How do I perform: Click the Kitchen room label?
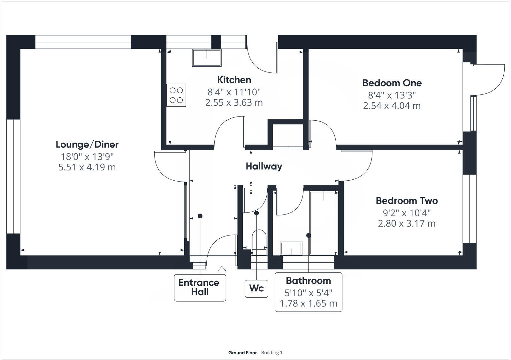[x=234, y=79]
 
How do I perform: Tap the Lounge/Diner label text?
[x=87, y=145]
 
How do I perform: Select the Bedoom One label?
[x=392, y=83]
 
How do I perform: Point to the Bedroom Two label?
[x=407, y=201]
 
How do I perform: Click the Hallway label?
[x=264, y=166]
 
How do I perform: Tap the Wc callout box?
[x=256, y=289]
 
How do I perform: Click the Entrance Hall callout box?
[x=200, y=287]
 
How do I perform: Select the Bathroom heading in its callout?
[x=308, y=281]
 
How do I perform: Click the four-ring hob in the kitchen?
[x=176, y=95]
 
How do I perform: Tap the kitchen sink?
[x=207, y=58]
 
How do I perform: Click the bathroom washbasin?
[x=291, y=248]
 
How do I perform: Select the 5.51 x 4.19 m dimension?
[x=87, y=167]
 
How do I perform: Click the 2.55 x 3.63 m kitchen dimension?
[x=234, y=103]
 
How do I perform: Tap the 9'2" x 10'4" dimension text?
[x=407, y=213]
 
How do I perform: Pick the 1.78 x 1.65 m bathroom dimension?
[x=308, y=303]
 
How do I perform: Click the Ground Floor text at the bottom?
[x=242, y=353]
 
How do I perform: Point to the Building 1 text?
[x=272, y=353]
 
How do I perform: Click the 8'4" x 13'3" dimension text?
[x=392, y=95]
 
